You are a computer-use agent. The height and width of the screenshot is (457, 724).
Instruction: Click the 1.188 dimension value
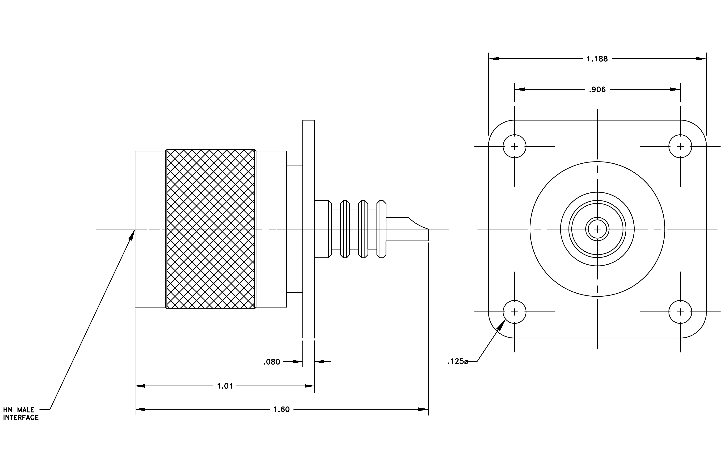tap(597, 59)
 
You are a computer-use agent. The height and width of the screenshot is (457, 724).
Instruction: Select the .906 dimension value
tap(597, 90)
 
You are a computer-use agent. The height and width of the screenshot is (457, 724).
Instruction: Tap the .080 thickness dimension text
tap(272, 362)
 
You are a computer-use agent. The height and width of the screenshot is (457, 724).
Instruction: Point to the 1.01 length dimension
tap(225, 386)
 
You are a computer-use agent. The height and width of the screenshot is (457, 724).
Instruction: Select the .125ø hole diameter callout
tap(458, 361)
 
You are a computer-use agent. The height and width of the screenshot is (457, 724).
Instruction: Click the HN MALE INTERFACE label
tap(21, 414)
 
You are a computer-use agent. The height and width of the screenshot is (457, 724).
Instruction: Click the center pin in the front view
tap(597, 229)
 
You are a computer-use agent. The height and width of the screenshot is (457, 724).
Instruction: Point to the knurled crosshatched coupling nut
tap(210, 229)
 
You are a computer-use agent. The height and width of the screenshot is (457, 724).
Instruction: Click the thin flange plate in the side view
tap(309, 229)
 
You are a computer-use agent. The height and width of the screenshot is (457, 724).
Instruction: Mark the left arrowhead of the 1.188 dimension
tap(494, 59)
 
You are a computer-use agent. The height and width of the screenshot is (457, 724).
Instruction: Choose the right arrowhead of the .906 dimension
tap(675, 90)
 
